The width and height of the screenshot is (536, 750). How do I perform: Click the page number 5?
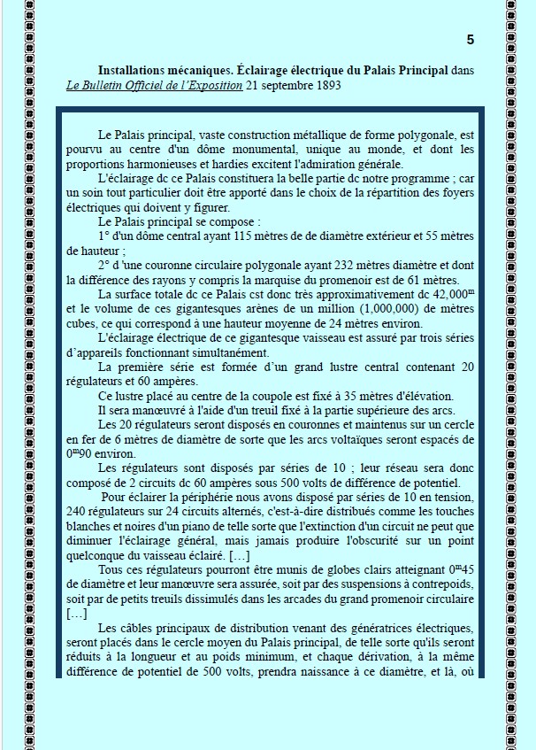coord(470,39)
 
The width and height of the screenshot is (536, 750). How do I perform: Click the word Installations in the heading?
coord(134,69)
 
